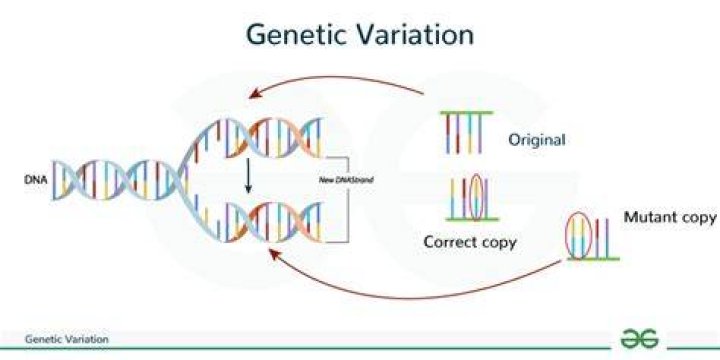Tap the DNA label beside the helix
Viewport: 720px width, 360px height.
point(35,180)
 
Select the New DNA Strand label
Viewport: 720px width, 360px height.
point(346,180)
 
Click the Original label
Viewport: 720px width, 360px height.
point(536,140)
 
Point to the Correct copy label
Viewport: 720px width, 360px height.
point(470,242)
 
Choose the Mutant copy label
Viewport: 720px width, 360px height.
point(670,218)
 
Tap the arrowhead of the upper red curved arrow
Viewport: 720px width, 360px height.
point(255,94)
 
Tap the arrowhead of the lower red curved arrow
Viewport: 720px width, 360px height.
point(274,253)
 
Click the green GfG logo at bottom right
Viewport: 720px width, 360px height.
point(639,339)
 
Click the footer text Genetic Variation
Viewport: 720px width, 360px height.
point(67,339)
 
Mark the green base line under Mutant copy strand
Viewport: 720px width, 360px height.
point(593,259)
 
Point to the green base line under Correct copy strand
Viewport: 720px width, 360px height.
point(472,219)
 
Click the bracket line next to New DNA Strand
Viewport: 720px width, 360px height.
point(349,200)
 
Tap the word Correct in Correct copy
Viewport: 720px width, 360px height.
point(451,242)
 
